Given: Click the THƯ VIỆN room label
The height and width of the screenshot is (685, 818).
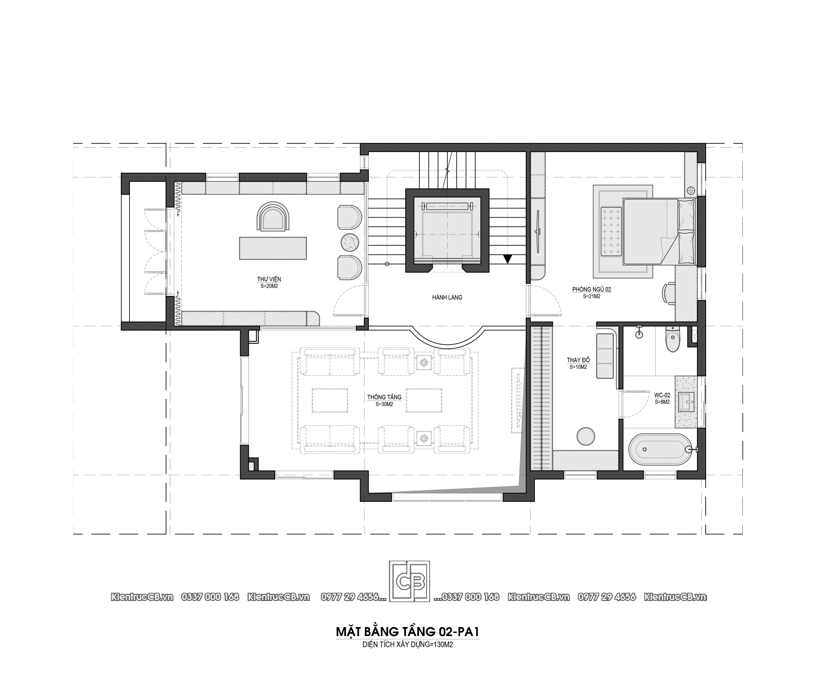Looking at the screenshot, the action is point(269,279).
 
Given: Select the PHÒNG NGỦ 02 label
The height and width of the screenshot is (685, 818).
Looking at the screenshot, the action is point(591,289).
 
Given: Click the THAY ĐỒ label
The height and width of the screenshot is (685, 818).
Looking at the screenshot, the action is point(578,360).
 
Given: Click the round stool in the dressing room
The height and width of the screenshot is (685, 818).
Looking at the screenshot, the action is point(586,436).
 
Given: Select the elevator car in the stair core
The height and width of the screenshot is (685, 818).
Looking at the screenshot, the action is point(447,230).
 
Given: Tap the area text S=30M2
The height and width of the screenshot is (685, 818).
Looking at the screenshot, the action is point(384,404).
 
